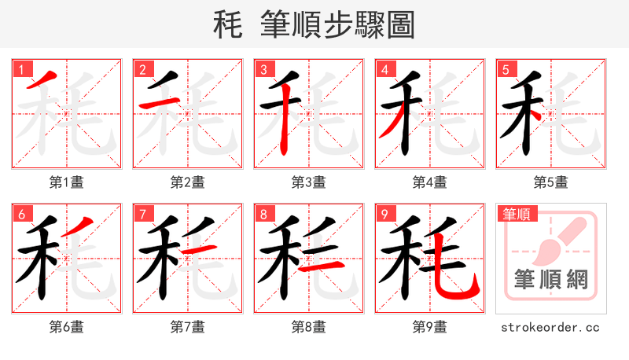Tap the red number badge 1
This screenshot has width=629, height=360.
[21, 69]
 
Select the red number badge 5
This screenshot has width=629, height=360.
[506, 69]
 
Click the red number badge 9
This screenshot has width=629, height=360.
[384, 213]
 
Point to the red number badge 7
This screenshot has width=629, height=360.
[142, 213]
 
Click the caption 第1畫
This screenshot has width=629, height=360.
[66, 182]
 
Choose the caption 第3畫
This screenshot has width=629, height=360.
[308, 182]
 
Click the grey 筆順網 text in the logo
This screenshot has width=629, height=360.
[550, 279]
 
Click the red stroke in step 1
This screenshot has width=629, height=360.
[42, 80]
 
